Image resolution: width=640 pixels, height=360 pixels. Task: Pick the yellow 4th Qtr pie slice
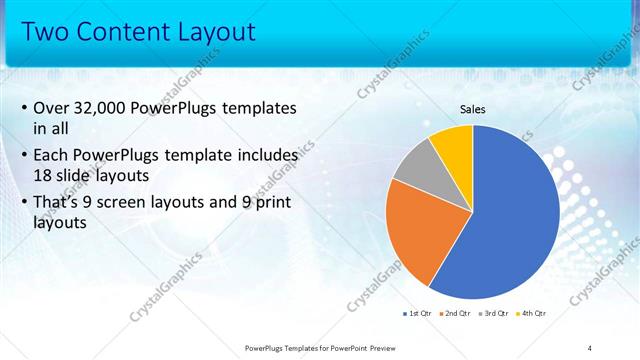coord(453,142)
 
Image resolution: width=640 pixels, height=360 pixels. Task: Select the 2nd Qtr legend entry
coord(456,313)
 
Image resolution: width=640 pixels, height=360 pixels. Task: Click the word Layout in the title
coord(217,32)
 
